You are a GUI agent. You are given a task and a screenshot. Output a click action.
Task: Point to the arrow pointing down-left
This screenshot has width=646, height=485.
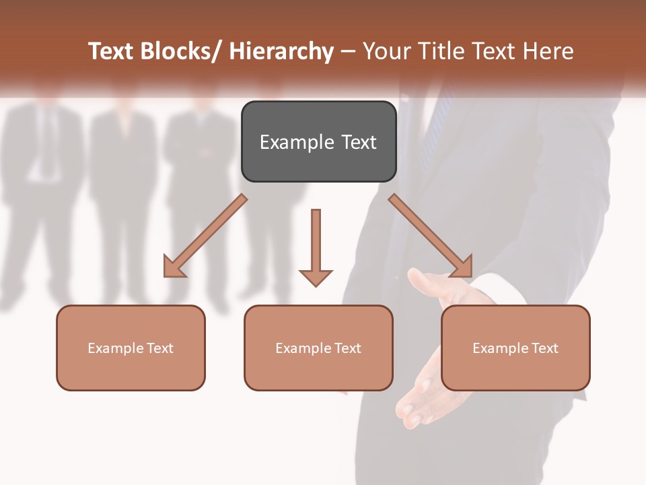tap(205, 236)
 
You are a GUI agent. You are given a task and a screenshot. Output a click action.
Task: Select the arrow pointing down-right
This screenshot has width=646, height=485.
tap(431, 236)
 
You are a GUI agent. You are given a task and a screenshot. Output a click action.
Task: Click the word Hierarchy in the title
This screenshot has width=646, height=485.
tap(281, 51)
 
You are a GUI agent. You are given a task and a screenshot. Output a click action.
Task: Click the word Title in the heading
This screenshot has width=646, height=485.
tap(441, 51)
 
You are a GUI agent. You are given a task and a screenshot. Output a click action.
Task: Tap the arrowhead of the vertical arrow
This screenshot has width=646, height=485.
tap(316, 277)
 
